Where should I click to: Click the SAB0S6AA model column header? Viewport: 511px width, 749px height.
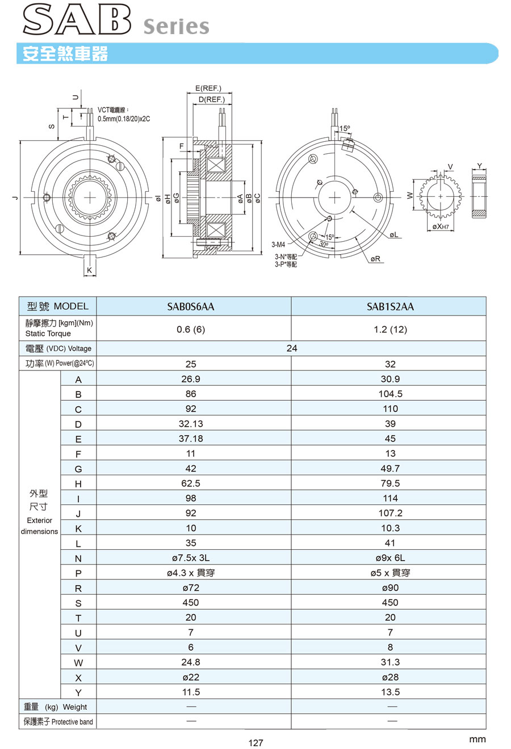point(191,306)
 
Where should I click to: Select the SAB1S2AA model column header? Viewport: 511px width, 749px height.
point(390,306)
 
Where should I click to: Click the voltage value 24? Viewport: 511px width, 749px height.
point(291,348)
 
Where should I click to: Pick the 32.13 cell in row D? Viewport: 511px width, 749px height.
point(191,424)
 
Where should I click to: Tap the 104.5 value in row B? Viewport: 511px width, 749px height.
point(390,394)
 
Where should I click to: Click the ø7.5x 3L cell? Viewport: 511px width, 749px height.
point(191,558)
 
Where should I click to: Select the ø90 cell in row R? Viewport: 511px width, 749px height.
point(390,588)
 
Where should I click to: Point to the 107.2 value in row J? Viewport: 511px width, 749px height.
point(390,513)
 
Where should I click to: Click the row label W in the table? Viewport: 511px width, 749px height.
point(78,663)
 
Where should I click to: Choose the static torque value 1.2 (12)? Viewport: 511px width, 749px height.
point(390,329)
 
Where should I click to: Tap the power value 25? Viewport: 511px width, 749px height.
point(191,364)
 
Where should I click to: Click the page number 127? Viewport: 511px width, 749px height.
point(256,743)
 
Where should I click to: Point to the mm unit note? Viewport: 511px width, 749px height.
point(478,739)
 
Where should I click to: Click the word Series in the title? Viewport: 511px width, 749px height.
point(176,26)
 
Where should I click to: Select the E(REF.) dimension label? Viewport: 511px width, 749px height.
point(208,89)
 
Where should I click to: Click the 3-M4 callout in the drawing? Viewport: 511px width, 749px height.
point(278,245)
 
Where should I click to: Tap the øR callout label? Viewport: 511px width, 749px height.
point(375,259)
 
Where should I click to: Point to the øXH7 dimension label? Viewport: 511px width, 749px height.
point(441,226)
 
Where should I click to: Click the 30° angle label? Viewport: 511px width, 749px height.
point(324,244)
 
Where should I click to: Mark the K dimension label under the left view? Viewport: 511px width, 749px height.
point(89,271)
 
